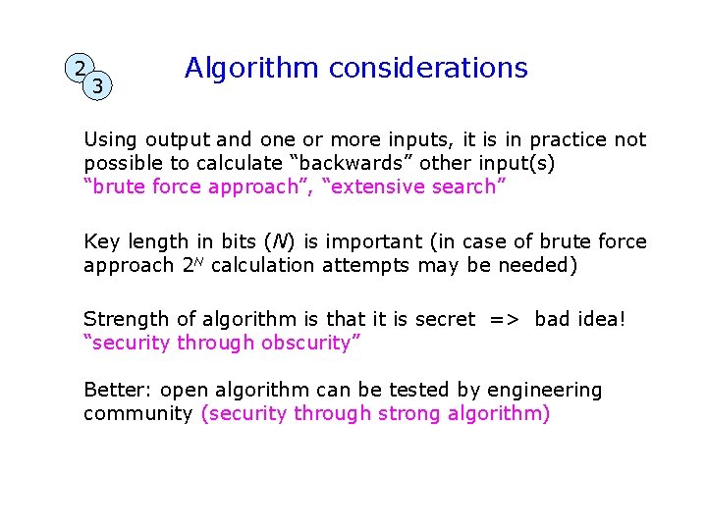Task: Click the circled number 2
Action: tap(80, 69)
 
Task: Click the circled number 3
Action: tap(97, 86)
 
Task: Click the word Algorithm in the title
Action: tap(251, 68)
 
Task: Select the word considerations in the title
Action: tap(428, 68)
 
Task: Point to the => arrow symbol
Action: tap(505, 319)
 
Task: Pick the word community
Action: tap(137, 413)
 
